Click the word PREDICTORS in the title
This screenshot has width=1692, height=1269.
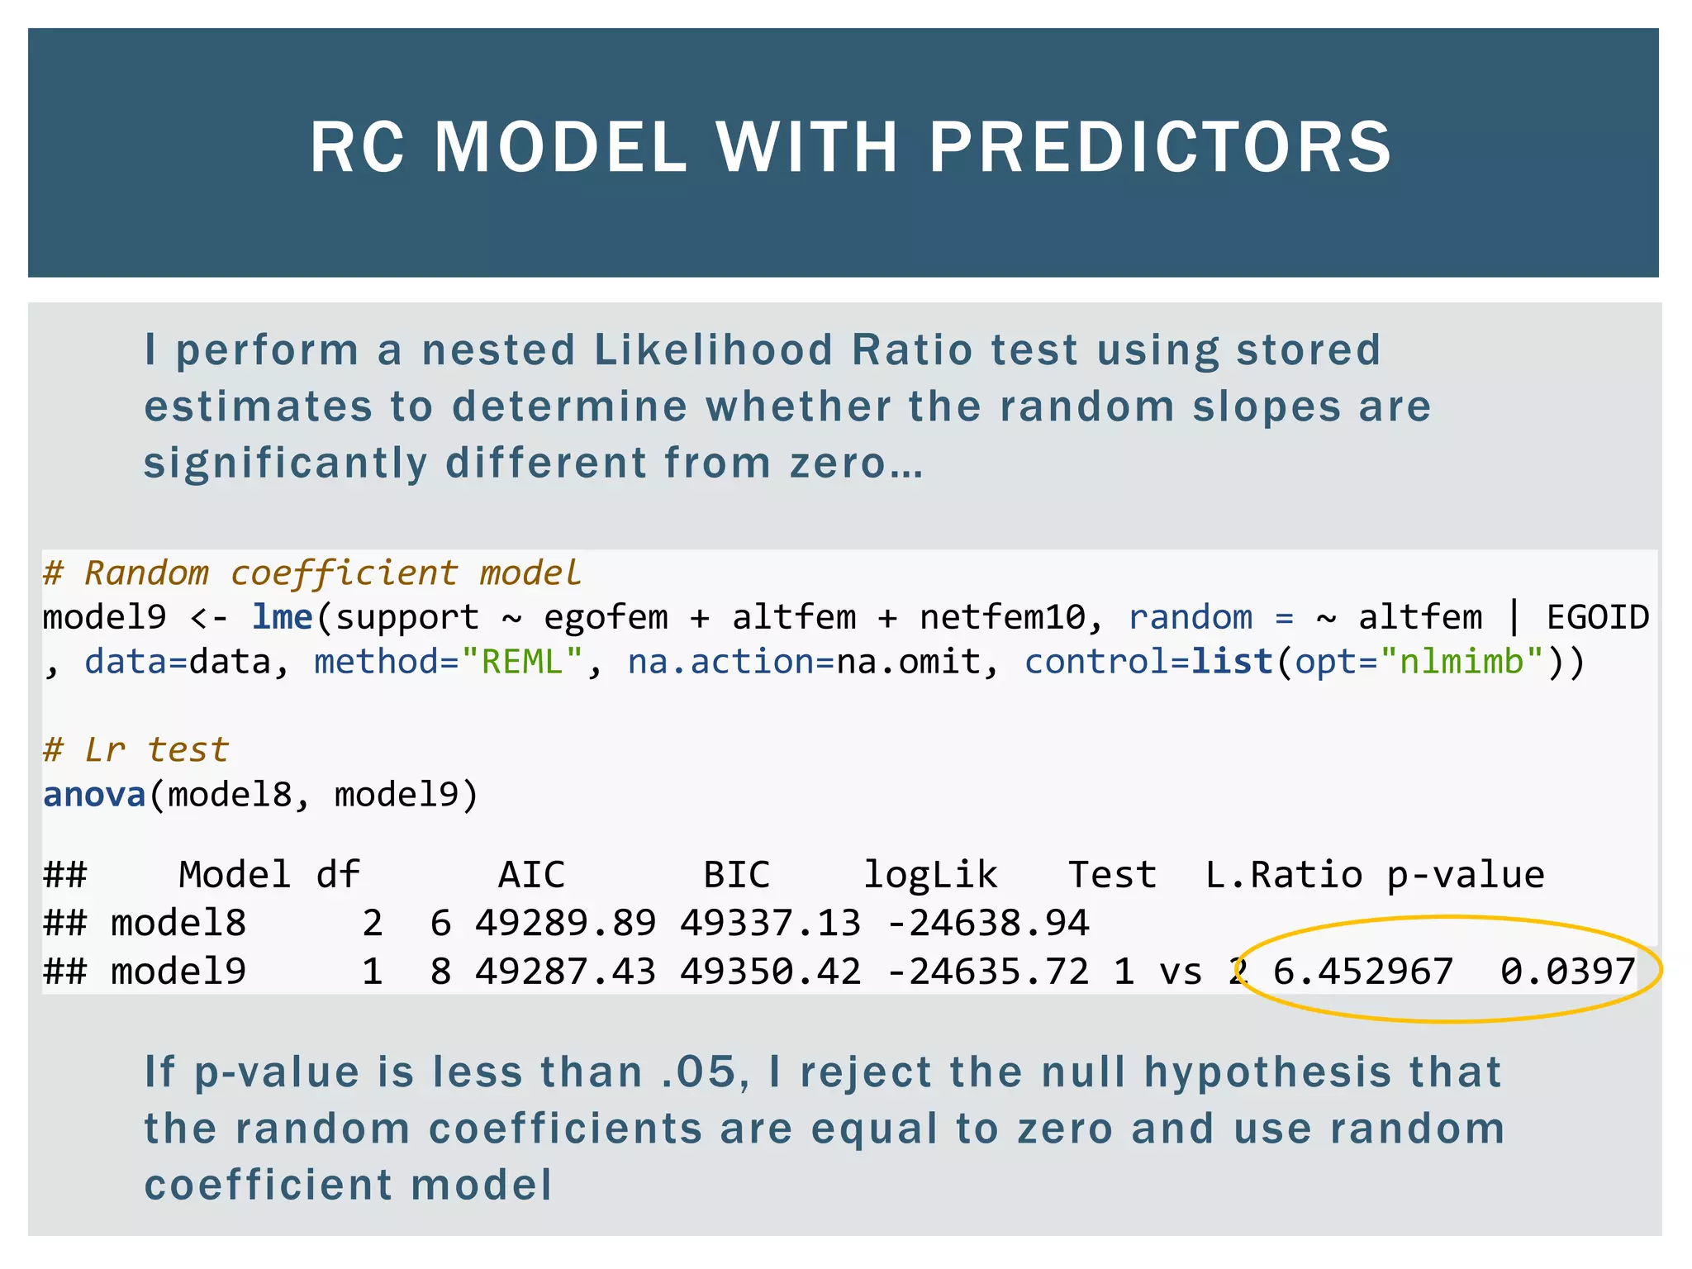pos(1161,147)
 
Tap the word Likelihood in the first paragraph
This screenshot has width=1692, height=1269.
pos(714,349)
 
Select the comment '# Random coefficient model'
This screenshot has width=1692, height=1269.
pos(311,573)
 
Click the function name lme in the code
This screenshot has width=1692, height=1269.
pos(283,617)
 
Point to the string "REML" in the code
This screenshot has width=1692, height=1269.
pos(522,662)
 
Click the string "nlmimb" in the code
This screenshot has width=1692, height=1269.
pos(1461,662)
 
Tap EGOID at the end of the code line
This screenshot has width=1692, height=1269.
pos(1598,617)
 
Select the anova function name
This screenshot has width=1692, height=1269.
pos(94,795)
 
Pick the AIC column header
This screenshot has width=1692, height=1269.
pos(531,875)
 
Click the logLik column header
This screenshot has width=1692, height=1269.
pos(930,875)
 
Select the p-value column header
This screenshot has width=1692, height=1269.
pos(1465,875)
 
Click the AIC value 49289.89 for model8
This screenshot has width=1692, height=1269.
pos(565,923)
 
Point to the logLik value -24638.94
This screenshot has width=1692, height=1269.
pos(987,923)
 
